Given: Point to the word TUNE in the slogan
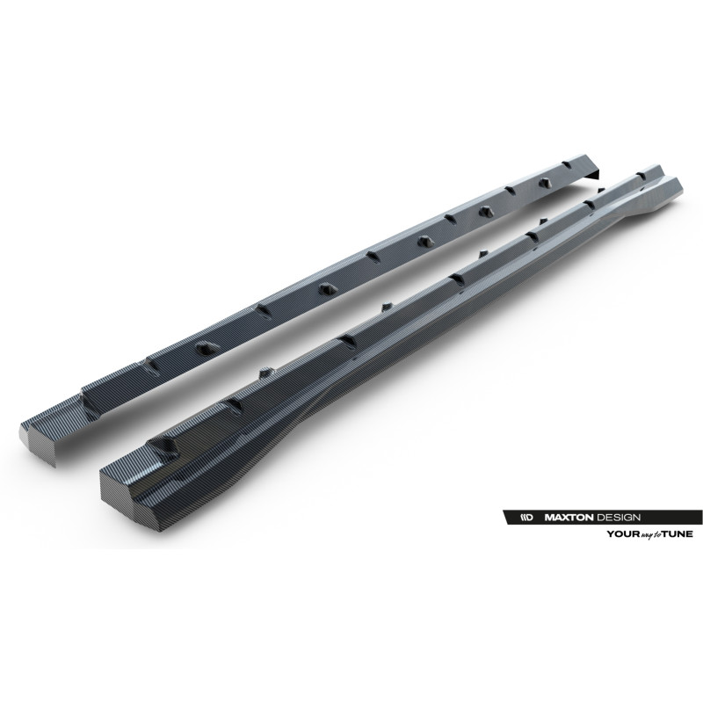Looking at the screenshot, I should pyautogui.click(x=678, y=533).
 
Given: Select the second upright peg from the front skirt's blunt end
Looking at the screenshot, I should pyautogui.click(x=385, y=305).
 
